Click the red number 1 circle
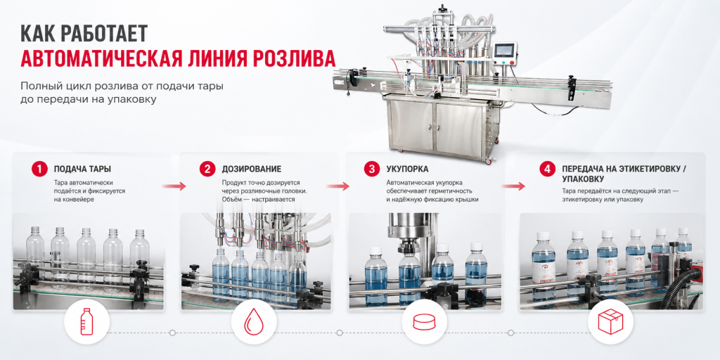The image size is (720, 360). click(39, 169)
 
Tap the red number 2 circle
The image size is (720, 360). click(207, 169)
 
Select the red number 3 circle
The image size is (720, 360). click(371, 169)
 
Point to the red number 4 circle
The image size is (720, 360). click(547, 169)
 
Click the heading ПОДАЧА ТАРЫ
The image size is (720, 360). click(82, 169)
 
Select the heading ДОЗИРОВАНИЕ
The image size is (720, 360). click(252, 169)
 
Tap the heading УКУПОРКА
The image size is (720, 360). click(407, 169)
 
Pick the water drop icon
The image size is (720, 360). click(253, 322)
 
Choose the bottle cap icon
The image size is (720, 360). click(424, 322)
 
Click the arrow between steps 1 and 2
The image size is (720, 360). click(174, 186)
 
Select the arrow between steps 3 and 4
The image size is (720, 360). click(513, 186)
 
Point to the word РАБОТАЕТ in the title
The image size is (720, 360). click(104, 33)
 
